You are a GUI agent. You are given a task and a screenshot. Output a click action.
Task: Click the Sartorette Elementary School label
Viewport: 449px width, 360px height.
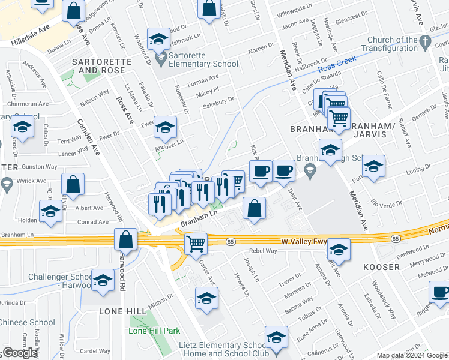click(x=204, y=59)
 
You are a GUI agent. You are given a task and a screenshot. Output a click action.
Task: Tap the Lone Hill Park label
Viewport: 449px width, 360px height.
click(x=155, y=331)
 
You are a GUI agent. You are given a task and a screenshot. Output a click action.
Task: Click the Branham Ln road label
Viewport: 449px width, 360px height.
click(x=198, y=218)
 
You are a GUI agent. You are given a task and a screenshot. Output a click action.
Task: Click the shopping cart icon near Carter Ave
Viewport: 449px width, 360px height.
click(x=196, y=243)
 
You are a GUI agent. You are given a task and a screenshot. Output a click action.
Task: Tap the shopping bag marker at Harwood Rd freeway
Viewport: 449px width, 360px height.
click(x=127, y=239)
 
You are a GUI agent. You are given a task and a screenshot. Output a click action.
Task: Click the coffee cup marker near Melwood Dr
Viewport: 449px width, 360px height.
click(x=440, y=292)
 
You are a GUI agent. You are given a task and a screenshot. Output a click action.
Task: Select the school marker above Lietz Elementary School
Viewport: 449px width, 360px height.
click(x=276, y=338)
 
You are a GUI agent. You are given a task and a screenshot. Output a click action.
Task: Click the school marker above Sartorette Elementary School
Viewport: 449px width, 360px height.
click(x=158, y=40)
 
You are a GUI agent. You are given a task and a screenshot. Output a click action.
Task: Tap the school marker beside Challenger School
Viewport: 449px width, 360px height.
click(x=103, y=280)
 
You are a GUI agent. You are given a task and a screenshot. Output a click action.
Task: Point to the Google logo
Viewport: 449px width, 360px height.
click(x=20, y=353)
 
